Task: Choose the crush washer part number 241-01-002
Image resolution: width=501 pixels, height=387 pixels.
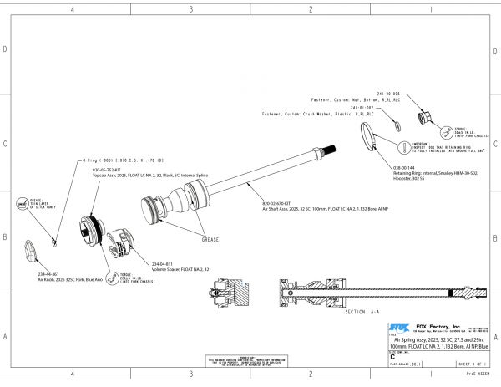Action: coord(361,108)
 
